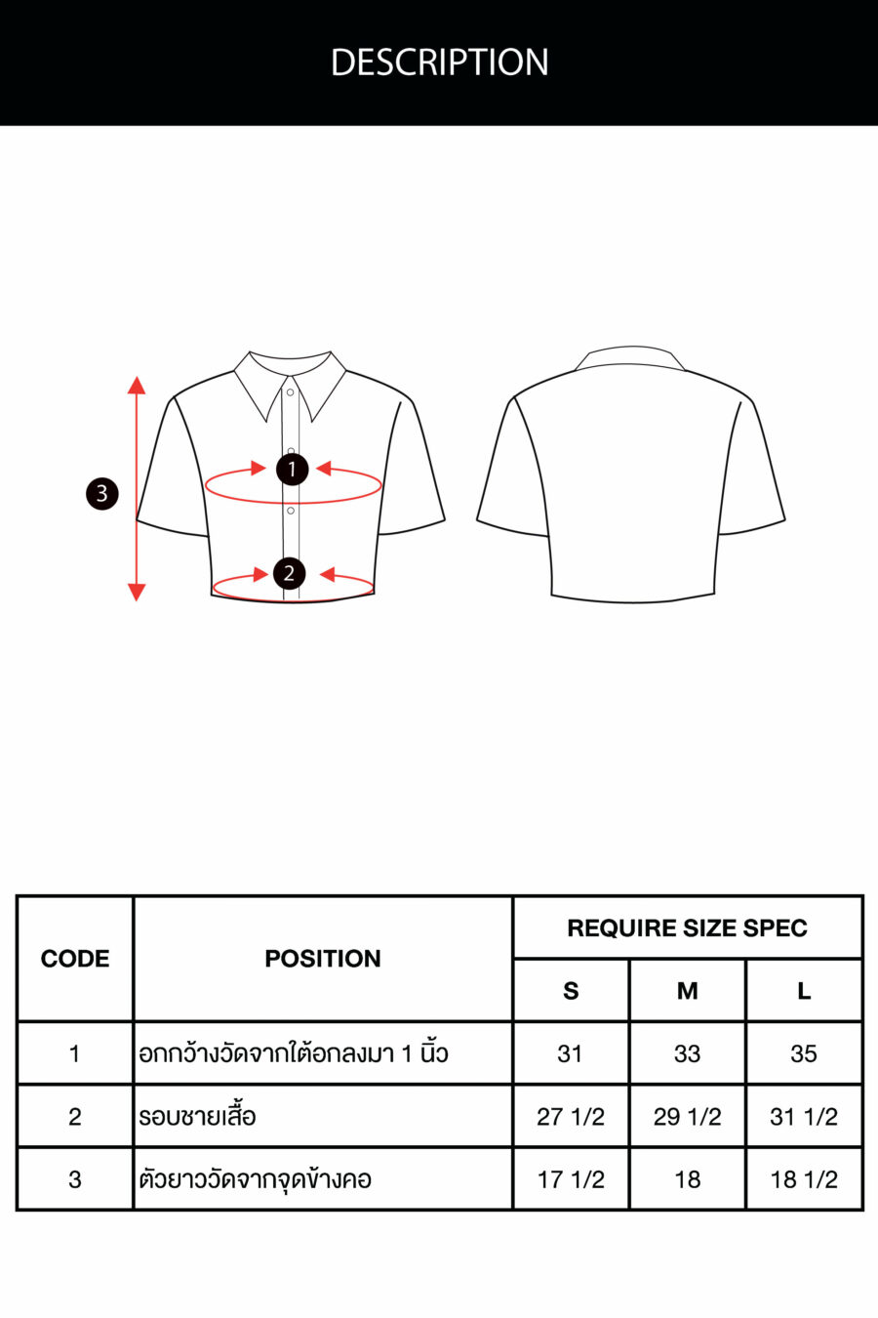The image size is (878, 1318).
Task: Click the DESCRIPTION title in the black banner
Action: point(439,62)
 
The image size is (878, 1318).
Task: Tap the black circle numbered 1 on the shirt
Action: point(293,469)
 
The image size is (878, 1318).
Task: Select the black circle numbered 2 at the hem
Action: point(290,573)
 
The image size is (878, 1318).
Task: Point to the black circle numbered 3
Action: point(102,494)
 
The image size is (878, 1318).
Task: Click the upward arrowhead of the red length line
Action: point(137,386)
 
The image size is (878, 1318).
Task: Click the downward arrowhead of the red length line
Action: point(137,592)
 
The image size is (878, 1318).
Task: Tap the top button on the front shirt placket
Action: point(291,392)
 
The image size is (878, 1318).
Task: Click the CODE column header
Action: point(75,959)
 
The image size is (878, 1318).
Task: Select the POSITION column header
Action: point(323,959)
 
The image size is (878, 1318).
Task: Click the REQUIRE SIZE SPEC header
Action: point(688,927)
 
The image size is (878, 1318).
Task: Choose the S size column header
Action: point(571,992)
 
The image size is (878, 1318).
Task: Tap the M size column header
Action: point(688,992)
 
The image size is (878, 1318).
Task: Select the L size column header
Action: point(804,992)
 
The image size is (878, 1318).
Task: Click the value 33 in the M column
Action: point(687,1053)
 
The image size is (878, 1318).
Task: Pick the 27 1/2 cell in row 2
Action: point(571,1117)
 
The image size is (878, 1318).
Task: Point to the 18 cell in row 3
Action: point(688,1179)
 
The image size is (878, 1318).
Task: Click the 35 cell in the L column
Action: point(804,1053)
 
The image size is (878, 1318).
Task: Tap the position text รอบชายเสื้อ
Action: point(197,1115)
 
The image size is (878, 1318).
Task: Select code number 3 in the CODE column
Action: point(75,1179)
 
